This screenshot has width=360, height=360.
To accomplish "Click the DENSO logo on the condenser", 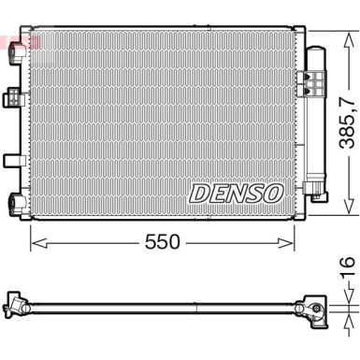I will (236, 194).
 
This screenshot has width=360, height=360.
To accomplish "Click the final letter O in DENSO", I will (273, 194).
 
